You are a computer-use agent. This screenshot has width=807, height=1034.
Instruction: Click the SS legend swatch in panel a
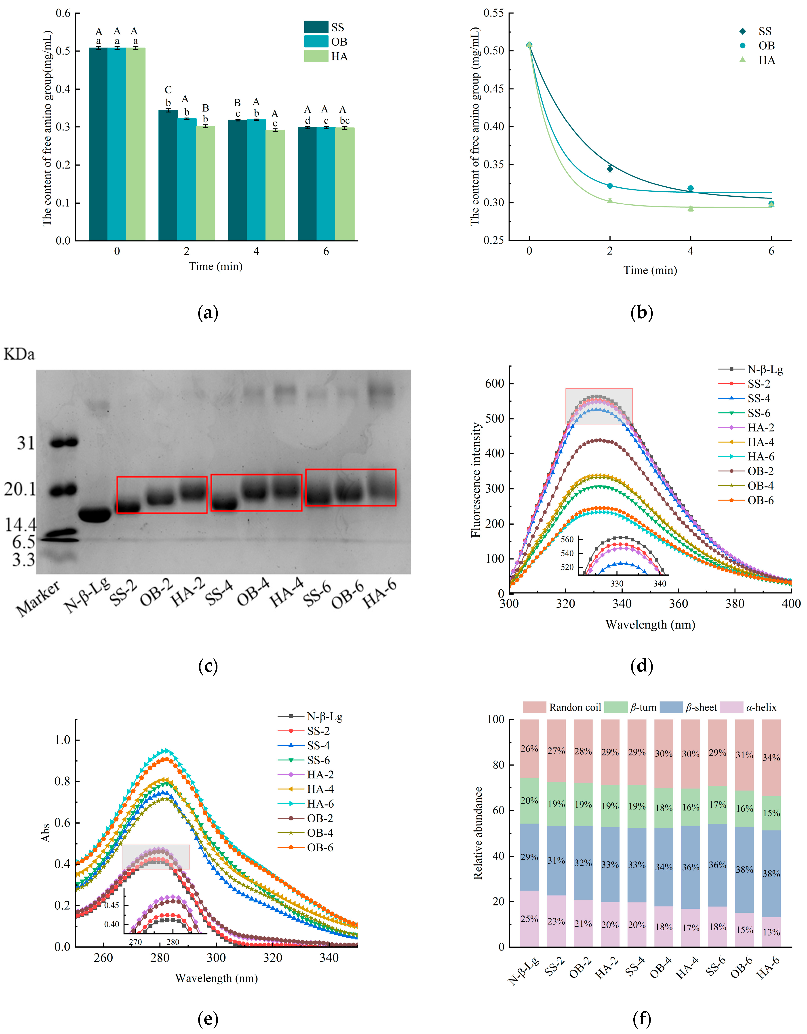point(316,27)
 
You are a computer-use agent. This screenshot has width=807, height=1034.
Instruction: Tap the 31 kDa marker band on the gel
point(64,443)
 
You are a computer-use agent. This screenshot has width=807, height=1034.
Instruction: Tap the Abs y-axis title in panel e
point(46,832)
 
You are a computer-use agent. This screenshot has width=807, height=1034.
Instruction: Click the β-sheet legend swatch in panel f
point(671,707)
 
